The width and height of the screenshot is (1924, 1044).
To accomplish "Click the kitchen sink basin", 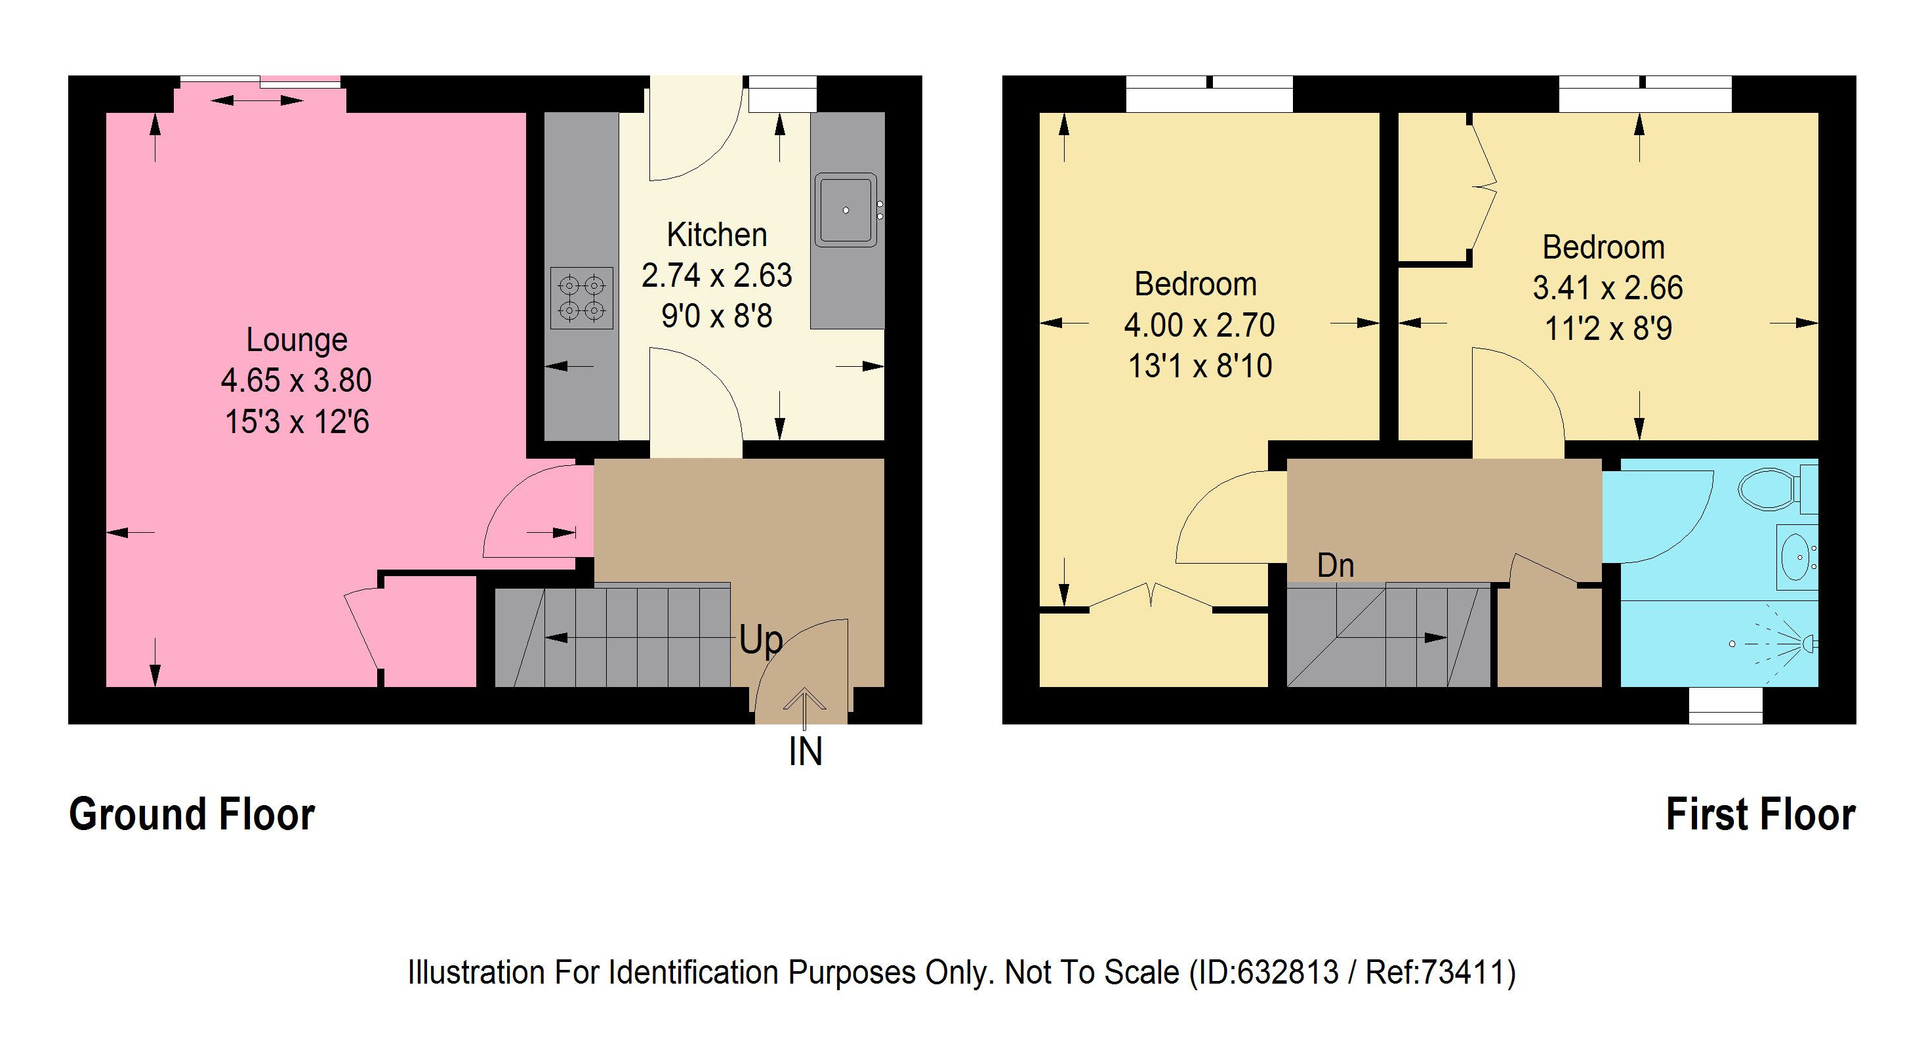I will pyautogui.click(x=846, y=210).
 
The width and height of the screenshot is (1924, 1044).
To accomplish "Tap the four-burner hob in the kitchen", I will pyautogui.click(x=582, y=297).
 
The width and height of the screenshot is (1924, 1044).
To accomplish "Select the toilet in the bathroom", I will pyautogui.click(x=1769, y=489).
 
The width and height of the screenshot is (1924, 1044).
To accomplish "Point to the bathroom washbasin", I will pyautogui.click(x=1798, y=556).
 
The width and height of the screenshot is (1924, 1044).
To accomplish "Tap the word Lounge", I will pyautogui.click(x=297, y=340).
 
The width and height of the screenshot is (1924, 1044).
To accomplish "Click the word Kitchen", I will pyautogui.click(x=716, y=236).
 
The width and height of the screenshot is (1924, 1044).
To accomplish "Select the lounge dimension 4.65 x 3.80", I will pyautogui.click(x=296, y=381).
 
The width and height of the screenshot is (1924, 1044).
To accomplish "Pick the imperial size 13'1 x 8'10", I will pyautogui.click(x=1200, y=366).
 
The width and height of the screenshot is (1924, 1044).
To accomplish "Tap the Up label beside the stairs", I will pyautogui.click(x=760, y=640).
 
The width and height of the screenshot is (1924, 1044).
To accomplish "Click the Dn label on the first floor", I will pyautogui.click(x=1335, y=566).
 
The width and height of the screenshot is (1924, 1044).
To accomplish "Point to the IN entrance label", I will pyautogui.click(x=805, y=751).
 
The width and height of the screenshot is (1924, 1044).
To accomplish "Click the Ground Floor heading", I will pyautogui.click(x=192, y=814).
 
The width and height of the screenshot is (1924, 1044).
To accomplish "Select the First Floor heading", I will pyautogui.click(x=1761, y=814).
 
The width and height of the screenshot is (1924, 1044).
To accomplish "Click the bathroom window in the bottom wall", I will pyautogui.click(x=1725, y=705).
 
